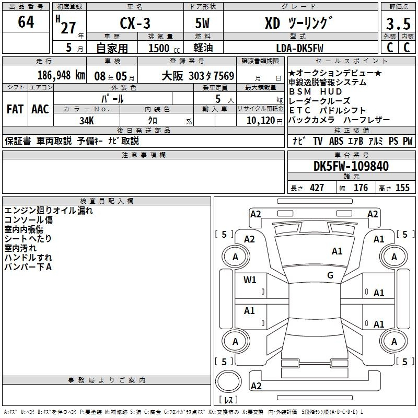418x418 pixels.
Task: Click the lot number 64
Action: (26, 22)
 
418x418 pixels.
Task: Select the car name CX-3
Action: (134, 24)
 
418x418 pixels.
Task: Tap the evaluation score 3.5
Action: (398, 24)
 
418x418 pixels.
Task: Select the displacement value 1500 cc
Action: (162, 48)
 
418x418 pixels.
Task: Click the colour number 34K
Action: (87, 120)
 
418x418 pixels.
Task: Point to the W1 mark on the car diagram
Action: (250, 280)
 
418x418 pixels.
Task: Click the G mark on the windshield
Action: (330, 275)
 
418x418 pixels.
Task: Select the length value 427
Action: (317, 188)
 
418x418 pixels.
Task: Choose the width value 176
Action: (361, 188)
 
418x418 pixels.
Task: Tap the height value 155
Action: (402, 188)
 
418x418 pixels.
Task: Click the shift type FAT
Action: (15, 109)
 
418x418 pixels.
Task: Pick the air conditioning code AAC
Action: (40, 109)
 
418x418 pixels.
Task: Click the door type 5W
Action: (203, 24)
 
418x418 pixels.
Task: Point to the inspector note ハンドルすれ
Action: (28, 258)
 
